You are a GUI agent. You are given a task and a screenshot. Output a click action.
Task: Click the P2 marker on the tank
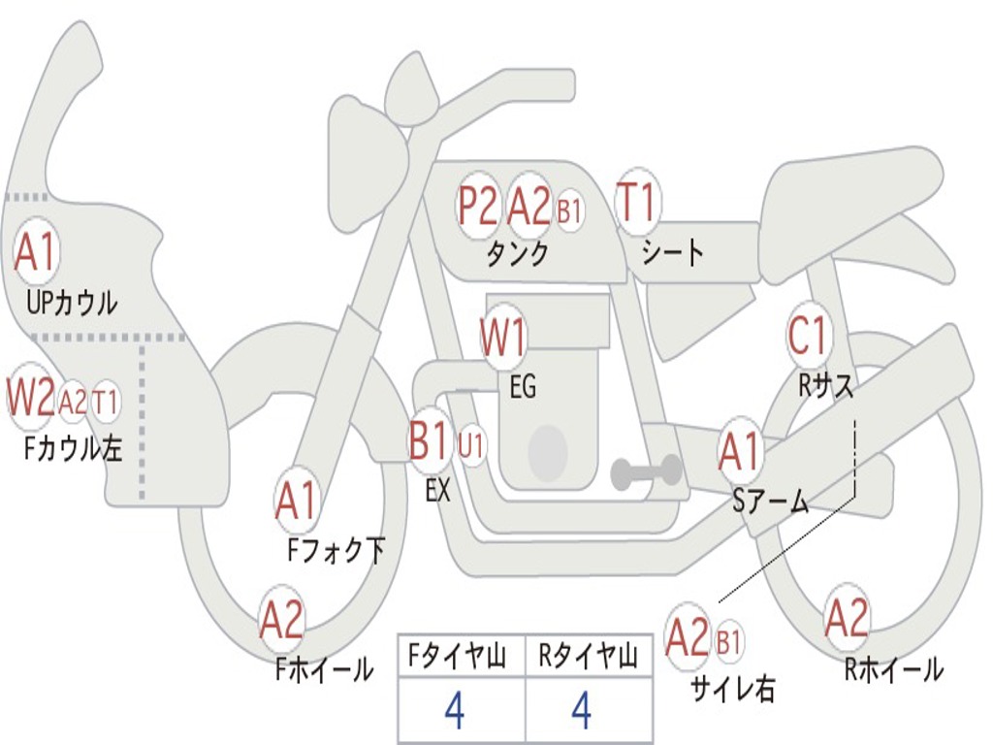tap(478, 206)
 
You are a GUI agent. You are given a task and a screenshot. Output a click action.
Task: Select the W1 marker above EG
tap(503, 337)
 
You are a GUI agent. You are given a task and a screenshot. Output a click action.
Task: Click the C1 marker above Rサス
tap(809, 335)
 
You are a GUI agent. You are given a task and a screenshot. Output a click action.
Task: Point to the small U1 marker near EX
tap(472, 445)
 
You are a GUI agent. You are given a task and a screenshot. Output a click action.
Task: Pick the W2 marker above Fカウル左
tap(30, 398)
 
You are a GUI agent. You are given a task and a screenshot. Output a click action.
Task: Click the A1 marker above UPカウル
tap(37, 250)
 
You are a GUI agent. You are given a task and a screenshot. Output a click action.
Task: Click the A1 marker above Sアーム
tap(740, 450)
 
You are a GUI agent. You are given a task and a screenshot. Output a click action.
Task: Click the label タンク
tap(517, 254)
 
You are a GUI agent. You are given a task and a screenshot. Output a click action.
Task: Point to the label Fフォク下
tap(336, 549)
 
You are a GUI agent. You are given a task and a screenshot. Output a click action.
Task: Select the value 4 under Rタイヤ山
tap(582, 711)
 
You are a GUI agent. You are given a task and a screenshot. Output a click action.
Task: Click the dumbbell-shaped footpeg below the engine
tap(646, 471)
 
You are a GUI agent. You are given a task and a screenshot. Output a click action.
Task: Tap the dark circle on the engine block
tap(548, 452)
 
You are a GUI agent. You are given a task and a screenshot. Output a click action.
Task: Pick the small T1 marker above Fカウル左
tap(106, 401)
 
